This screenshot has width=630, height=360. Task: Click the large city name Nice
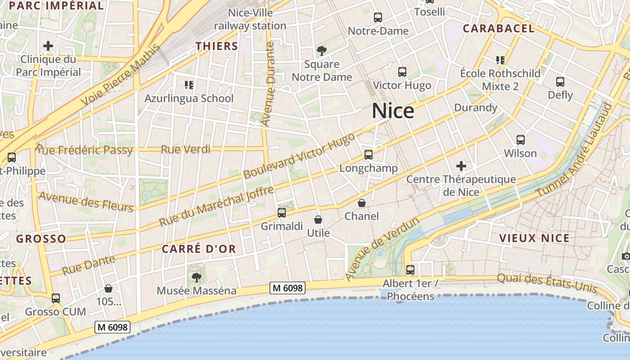pyautogui.click(x=393, y=111)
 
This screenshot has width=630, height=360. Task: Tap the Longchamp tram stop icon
pyautogui.click(x=369, y=155)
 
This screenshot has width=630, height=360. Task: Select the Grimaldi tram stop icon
pyautogui.click(x=282, y=213)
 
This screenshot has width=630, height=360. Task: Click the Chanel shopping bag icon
pyautogui.click(x=362, y=203)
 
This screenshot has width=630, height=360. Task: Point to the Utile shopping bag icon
pyautogui.click(x=318, y=220)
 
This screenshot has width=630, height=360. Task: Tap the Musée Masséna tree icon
pyautogui.click(x=196, y=277)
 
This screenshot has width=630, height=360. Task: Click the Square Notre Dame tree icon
pyautogui.click(x=321, y=50)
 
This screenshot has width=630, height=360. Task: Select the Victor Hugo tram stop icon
pyautogui.click(x=402, y=72)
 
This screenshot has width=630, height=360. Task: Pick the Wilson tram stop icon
pyautogui.click(x=521, y=139)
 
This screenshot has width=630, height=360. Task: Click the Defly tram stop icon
pyautogui.click(x=560, y=81)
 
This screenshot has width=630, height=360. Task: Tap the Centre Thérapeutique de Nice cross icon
pyautogui.click(x=461, y=166)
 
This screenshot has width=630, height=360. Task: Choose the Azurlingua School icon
pyautogui.click(x=189, y=85)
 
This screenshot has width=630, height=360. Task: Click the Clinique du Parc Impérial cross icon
pyautogui.click(x=48, y=45)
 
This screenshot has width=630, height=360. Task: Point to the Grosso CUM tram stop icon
pyautogui.click(x=56, y=298)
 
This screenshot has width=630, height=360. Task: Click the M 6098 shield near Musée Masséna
pyautogui.click(x=288, y=288)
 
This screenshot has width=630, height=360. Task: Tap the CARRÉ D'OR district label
pyautogui.click(x=199, y=249)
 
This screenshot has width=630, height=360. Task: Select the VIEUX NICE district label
pyautogui.click(x=535, y=238)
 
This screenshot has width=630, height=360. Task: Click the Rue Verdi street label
pyautogui.click(x=185, y=149)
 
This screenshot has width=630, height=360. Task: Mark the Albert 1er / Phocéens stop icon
pyautogui.click(x=410, y=270)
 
